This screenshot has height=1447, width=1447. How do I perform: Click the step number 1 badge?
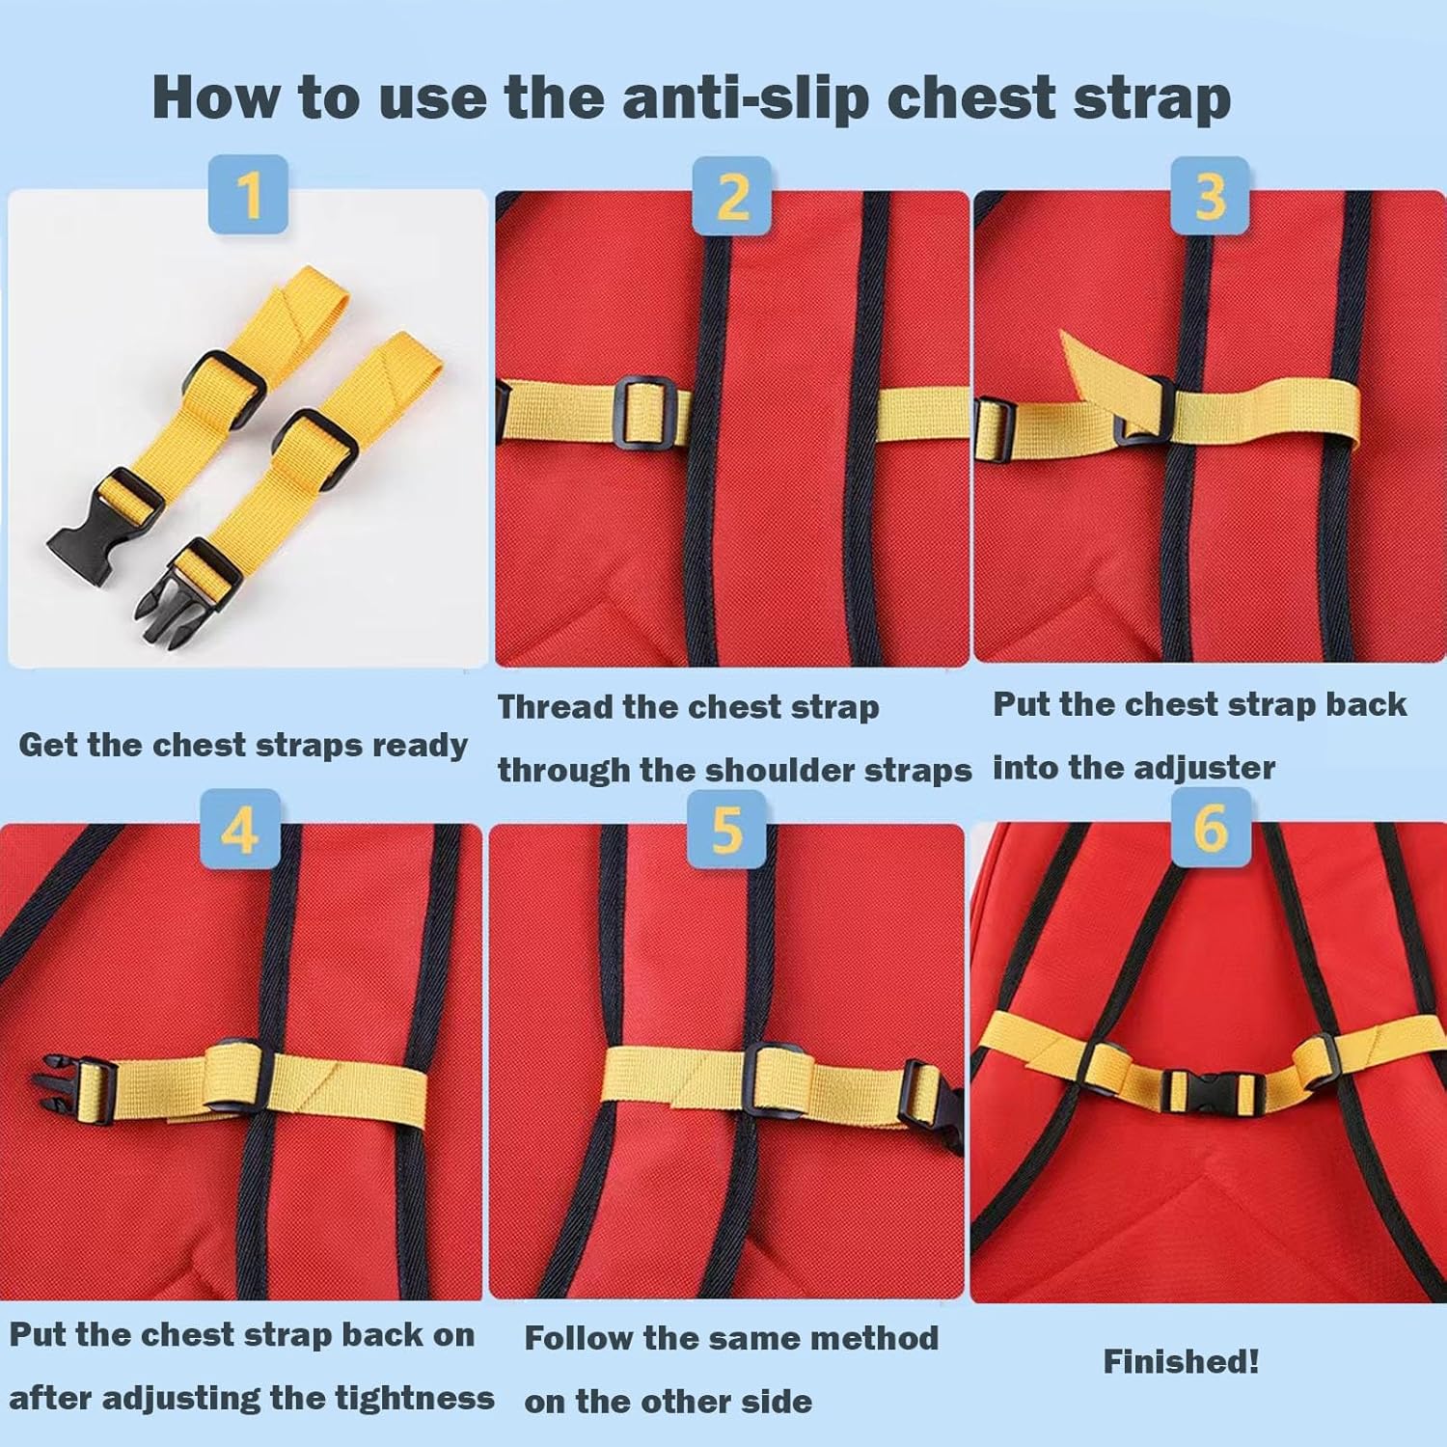[249, 194]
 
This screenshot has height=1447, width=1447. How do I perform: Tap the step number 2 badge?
[732, 196]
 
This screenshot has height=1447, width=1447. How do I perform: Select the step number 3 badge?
[1210, 196]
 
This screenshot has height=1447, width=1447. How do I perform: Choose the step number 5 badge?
[726, 829]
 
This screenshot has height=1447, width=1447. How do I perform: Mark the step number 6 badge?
[1211, 827]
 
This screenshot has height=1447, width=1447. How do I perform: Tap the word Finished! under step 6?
[1181, 1361]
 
